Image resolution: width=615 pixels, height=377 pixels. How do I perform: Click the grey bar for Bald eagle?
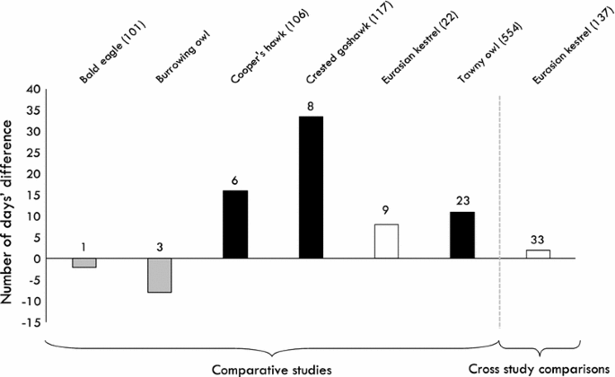pos(83,263)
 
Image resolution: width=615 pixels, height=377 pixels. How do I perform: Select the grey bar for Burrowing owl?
pos(160,276)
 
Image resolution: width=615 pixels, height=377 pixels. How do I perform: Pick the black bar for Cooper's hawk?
pos(235,224)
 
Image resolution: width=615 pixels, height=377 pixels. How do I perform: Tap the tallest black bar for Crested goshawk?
pos(311,188)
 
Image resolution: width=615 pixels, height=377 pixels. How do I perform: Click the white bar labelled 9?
pos(386,241)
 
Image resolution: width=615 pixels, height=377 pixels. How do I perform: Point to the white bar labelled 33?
pos(538,254)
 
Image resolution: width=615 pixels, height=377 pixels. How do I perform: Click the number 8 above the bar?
pos(311,106)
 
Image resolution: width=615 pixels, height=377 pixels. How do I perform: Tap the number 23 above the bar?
pos(461,201)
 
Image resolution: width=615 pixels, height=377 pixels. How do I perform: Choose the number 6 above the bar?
pos(235,180)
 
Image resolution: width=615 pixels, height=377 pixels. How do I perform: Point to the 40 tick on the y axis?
pos(35,89)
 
